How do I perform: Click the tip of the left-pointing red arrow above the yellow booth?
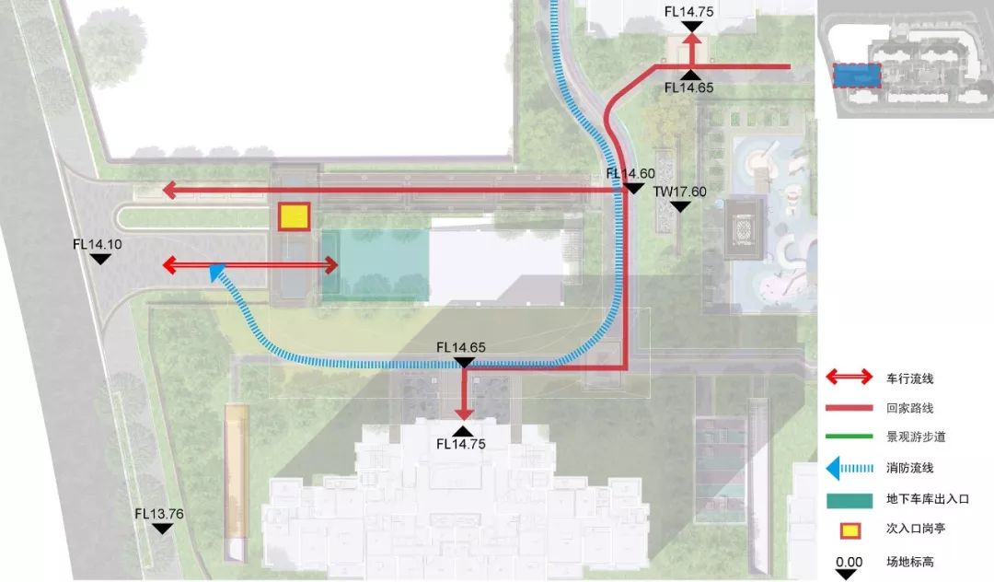tap(162, 190)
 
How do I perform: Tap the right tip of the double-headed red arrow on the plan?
tap(339, 265)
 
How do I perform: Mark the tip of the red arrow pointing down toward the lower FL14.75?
tap(464, 420)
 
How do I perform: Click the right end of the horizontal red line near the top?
tap(790, 66)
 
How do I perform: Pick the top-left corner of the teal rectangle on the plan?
tap(322, 229)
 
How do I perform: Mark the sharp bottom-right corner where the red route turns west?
tap(627, 367)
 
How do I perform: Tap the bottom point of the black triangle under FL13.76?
tap(162, 533)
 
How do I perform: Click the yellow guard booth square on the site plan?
tap(295, 216)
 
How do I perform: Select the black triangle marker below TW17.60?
tap(680, 206)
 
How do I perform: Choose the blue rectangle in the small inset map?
tap(857, 76)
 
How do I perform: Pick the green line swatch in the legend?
tap(849, 436)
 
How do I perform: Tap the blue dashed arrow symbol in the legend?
tap(850, 468)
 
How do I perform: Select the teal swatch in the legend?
tap(850, 500)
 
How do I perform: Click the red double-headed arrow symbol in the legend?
tap(850, 378)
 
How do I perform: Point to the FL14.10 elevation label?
tap(98, 244)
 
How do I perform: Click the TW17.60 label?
tap(679, 192)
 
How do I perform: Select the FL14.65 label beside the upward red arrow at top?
tap(689, 87)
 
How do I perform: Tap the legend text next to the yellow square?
tap(916, 529)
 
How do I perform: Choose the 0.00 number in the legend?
tap(849, 562)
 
